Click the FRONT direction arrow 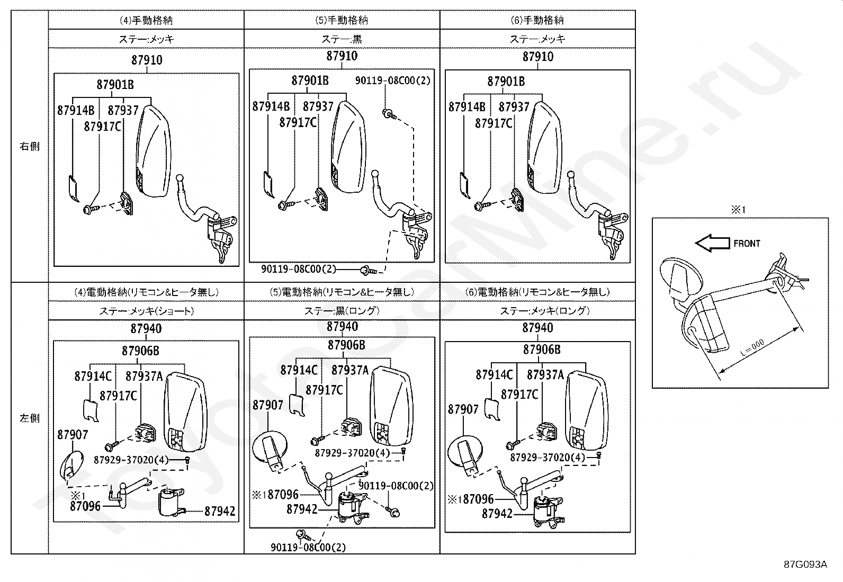[711, 244]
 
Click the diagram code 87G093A [805, 564]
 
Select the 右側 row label [30, 147]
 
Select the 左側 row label [30, 418]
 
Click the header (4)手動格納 [146, 21]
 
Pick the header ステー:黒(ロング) [342, 311]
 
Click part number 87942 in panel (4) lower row [220, 511]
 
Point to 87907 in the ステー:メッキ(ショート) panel [73, 435]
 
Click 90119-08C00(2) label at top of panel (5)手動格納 [392, 80]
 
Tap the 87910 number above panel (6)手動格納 [537, 57]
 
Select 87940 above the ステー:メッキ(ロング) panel [537, 328]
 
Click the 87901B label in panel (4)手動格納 [115, 84]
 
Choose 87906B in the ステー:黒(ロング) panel [346, 345]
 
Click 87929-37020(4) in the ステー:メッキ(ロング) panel [548, 458]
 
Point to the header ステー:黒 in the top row [342, 39]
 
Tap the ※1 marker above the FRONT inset [738, 210]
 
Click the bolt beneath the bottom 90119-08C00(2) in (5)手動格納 [366, 271]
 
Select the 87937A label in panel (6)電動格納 [545, 375]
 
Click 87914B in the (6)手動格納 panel [467, 107]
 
